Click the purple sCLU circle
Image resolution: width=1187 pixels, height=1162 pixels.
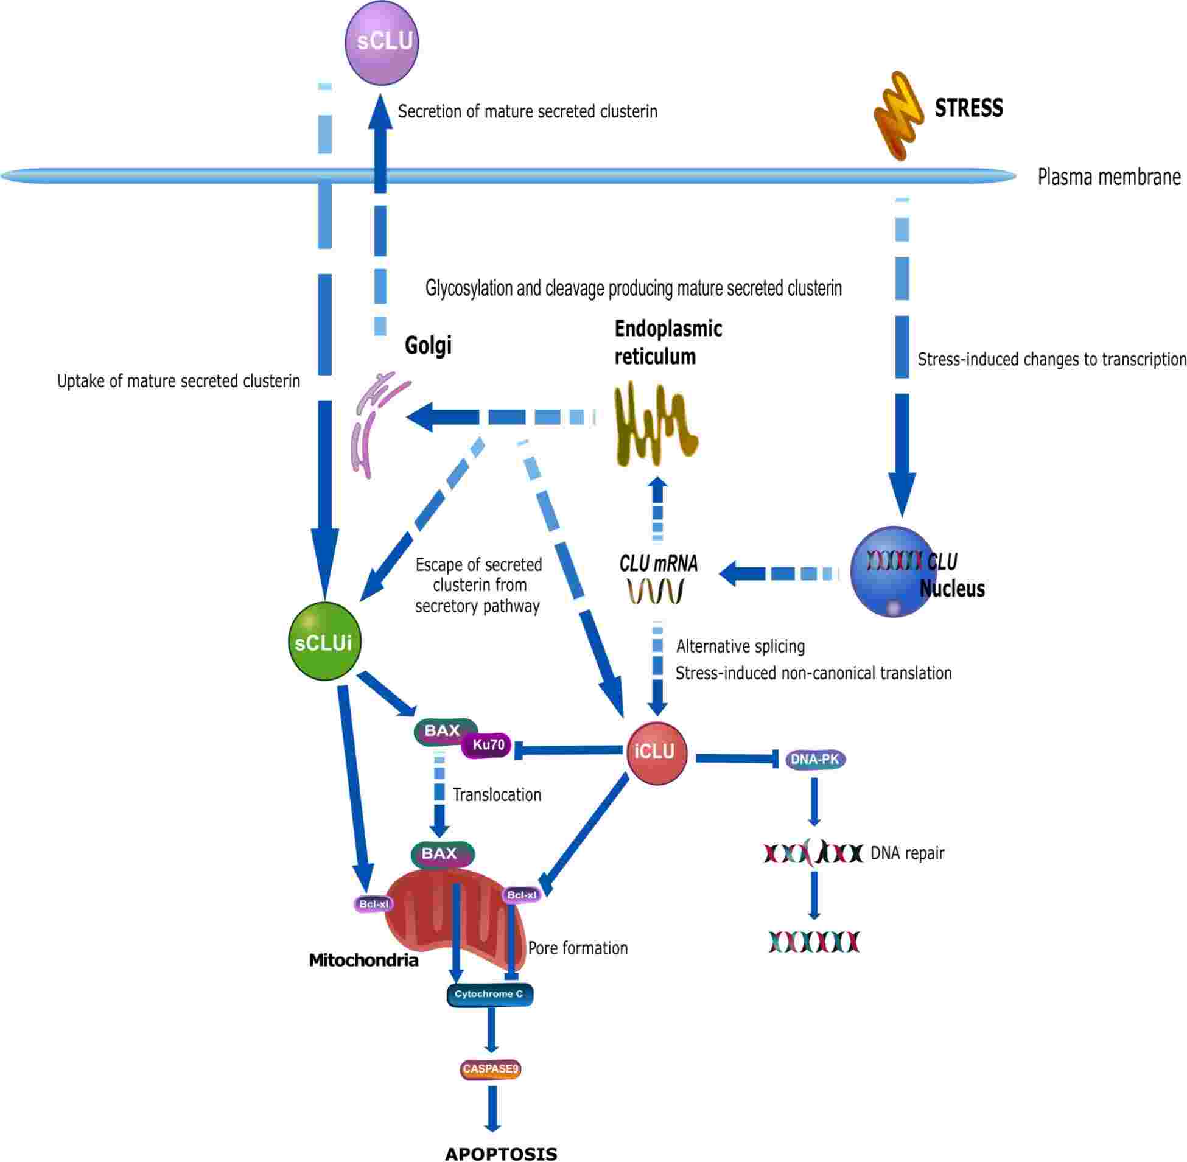pos(382,42)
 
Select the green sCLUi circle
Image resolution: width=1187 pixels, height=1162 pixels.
pos(324,642)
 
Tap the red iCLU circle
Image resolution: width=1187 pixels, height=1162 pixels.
pos(657,752)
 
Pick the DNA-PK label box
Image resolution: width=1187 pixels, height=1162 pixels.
pos(814,760)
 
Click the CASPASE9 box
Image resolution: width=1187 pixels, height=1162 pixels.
pos(490,1069)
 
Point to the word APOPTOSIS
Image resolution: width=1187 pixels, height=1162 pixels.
pos(501,1153)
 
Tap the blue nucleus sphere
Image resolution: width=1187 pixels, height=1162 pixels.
pos(892,572)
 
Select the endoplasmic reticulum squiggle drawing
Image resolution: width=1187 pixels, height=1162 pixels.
pos(654,424)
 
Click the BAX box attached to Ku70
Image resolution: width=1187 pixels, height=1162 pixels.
pos(443,731)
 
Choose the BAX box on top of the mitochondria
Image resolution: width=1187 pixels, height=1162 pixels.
pos(442,854)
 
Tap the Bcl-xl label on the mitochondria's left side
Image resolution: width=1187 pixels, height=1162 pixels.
pos(374,904)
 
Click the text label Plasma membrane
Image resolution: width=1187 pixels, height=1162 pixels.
pos(1109,177)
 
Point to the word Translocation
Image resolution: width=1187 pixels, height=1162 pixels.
pos(497,795)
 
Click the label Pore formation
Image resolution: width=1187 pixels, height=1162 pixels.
pos(577,948)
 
